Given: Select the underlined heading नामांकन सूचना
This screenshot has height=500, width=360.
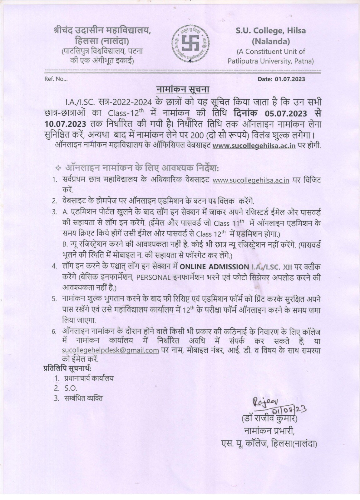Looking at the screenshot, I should pos(183,89).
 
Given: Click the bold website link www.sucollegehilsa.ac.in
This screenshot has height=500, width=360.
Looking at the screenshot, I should pos(254,146).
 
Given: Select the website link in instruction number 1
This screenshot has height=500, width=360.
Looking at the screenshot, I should pos(251,180).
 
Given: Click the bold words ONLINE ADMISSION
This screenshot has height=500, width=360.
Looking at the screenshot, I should pos(214,267).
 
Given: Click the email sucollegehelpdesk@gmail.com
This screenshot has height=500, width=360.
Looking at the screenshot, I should pos(111,350).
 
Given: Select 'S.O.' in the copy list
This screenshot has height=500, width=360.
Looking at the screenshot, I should pos(71,388).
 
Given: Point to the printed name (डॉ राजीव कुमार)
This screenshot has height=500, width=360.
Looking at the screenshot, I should pos(269,418).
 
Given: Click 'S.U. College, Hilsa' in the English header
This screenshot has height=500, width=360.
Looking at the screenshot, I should pos(270,31).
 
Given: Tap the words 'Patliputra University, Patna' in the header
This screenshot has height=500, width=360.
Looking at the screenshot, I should pos(270,61).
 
